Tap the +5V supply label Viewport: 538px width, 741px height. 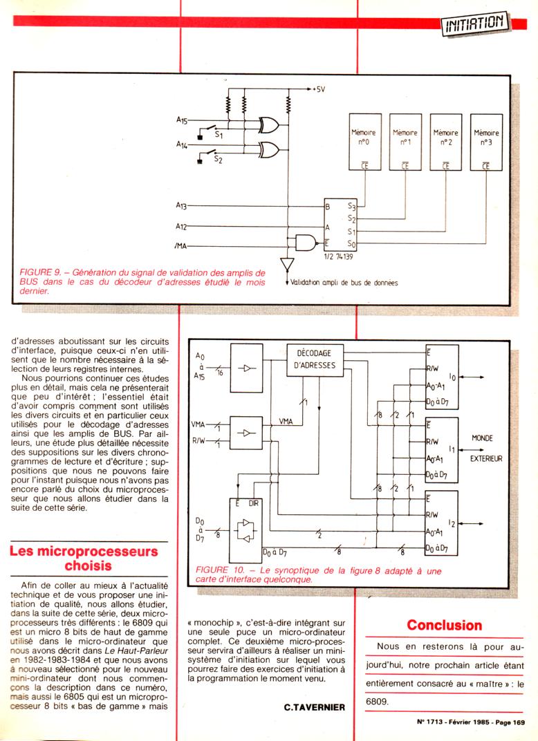coord(318,89)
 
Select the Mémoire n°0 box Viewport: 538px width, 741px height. coord(364,141)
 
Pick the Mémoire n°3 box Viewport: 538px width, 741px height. coord(486,141)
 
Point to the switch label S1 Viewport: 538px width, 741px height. coord(218,135)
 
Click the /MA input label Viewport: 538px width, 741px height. coord(182,245)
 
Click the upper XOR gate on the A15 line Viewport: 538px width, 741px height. coord(267,124)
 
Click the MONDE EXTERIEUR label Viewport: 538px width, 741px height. coord(487,448)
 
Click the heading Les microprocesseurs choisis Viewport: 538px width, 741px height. coord(83,559)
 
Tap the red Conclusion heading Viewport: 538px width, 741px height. coord(444,625)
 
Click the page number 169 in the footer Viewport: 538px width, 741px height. coord(517,722)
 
